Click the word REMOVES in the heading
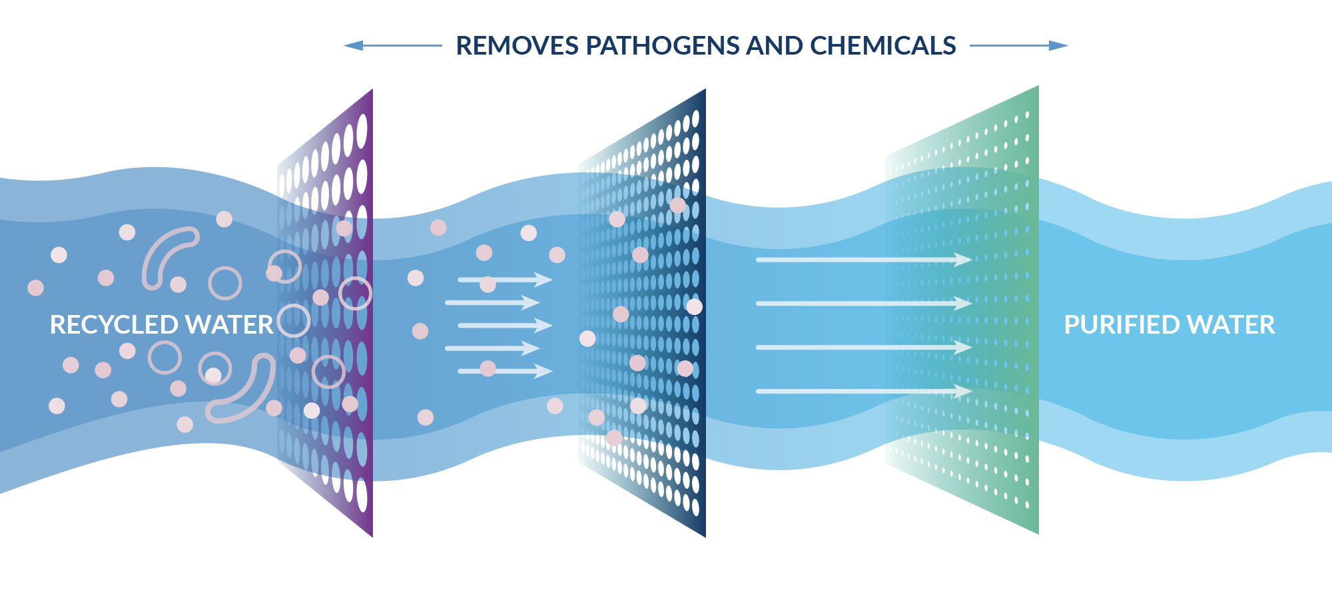pyautogui.click(x=517, y=46)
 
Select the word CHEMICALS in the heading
pyautogui.click(x=883, y=46)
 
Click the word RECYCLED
pyautogui.click(x=115, y=325)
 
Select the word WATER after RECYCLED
pyautogui.click(x=229, y=325)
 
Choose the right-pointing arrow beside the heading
pyautogui.click(x=1019, y=45)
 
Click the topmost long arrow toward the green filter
pyautogui.click(x=863, y=260)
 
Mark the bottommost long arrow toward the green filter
pyautogui.click(x=863, y=391)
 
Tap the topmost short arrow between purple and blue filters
pyautogui.click(x=505, y=280)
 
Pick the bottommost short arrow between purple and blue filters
pyautogui.click(x=505, y=371)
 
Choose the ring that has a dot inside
pyautogui.click(x=215, y=370)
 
